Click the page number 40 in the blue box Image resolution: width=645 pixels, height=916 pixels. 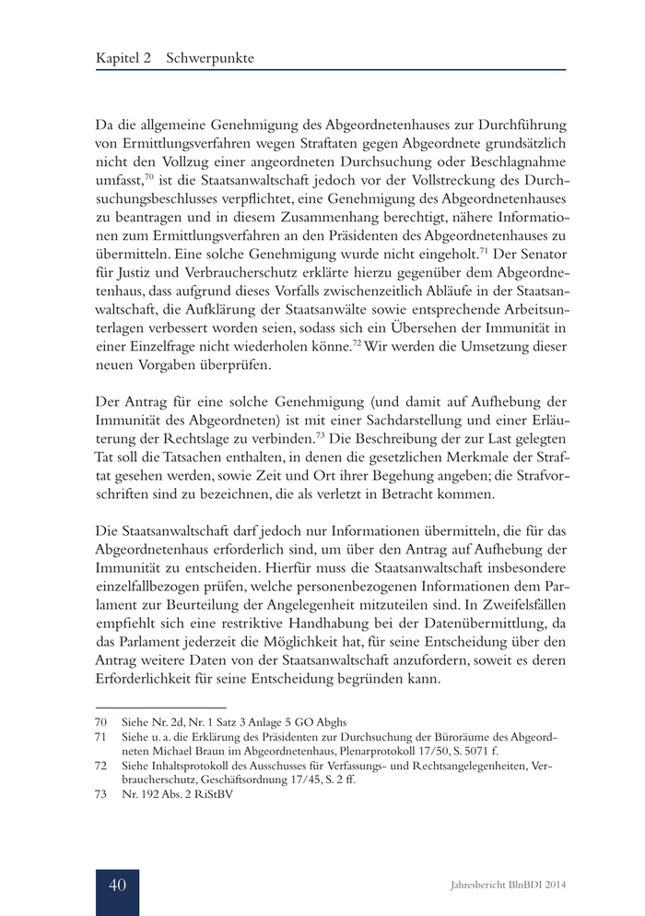tap(117, 885)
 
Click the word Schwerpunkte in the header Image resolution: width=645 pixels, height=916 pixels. tap(209, 57)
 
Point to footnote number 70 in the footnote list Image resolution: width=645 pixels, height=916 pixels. tap(101, 720)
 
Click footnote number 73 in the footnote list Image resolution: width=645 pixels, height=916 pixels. tap(101, 798)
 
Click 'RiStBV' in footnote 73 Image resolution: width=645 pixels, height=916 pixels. tap(213, 798)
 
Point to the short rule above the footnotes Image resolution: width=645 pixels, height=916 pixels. tap(147, 706)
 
